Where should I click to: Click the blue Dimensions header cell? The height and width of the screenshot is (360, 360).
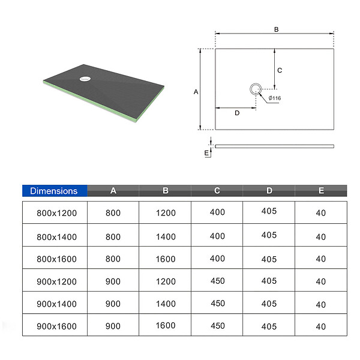pyautogui.click(x=55, y=191)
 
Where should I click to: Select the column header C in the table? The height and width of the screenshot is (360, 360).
pyautogui.click(x=217, y=191)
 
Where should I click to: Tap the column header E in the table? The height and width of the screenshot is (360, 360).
pyautogui.click(x=321, y=191)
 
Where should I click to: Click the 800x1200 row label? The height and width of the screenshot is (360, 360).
pyautogui.click(x=57, y=213)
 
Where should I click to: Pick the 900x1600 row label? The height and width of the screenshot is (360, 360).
pyautogui.click(x=57, y=326)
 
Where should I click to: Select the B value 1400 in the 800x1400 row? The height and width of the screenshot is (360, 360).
pyautogui.click(x=166, y=237)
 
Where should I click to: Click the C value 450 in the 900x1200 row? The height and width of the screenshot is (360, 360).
pyautogui.click(x=218, y=281)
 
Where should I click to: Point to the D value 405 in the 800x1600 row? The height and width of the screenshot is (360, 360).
pyautogui.click(x=269, y=259)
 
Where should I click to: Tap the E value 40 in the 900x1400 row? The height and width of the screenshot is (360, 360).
pyautogui.click(x=321, y=305)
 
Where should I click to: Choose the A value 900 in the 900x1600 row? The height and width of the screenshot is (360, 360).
pyautogui.click(x=113, y=326)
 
